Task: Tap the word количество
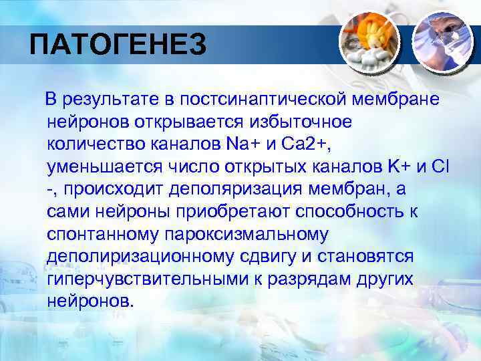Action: coord(93,144)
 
